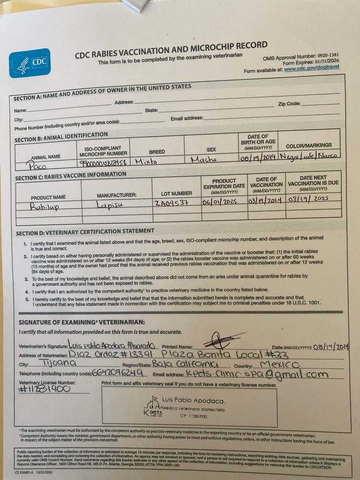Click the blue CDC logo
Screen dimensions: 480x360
(30, 63)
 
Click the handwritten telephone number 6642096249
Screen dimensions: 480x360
(114, 372)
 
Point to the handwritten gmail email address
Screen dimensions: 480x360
(257, 374)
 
